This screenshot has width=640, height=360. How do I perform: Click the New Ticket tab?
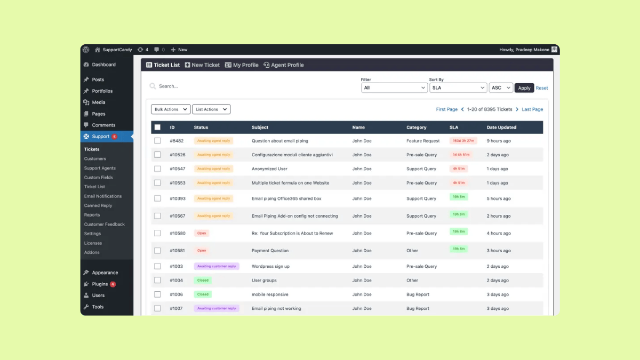click(x=202, y=65)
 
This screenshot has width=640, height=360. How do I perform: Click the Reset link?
click(x=542, y=88)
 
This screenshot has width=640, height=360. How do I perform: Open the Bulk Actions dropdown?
click(x=171, y=109)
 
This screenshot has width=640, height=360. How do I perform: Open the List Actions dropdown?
click(x=211, y=109)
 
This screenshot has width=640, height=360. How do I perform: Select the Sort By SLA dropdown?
click(x=458, y=88)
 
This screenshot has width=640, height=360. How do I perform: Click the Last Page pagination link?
click(x=532, y=109)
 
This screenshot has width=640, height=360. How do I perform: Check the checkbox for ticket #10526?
click(x=157, y=155)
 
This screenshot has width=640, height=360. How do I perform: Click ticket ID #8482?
click(x=177, y=141)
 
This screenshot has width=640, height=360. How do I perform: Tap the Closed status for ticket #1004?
click(x=203, y=280)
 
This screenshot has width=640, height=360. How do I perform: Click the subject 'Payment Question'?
click(x=270, y=251)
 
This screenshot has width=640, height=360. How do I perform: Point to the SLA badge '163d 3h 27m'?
click(x=463, y=141)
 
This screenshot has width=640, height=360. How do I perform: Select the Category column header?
click(x=417, y=127)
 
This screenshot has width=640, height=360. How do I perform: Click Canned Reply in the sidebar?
click(x=98, y=205)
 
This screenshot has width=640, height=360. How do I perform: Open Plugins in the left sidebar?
click(x=100, y=284)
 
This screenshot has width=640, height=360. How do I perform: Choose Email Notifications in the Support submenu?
click(x=103, y=196)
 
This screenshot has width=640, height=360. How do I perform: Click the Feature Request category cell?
click(x=423, y=141)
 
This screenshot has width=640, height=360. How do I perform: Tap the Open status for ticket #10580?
click(x=202, y=233)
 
